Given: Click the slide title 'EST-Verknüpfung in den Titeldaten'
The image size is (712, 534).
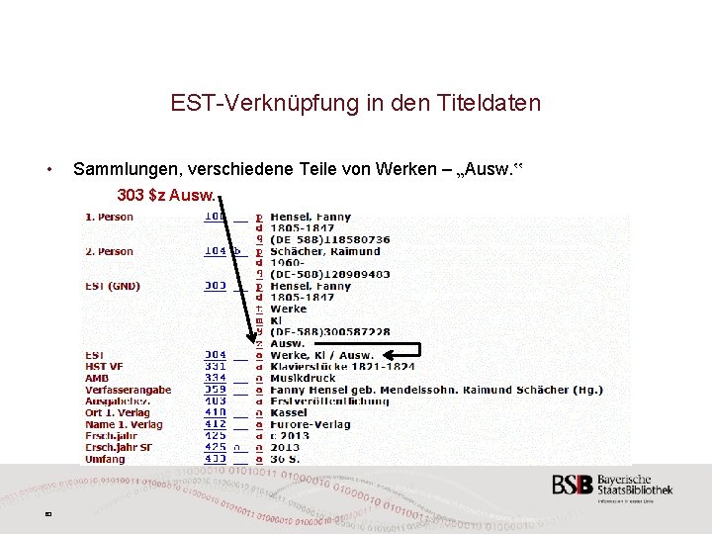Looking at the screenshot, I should (x=355, y=103).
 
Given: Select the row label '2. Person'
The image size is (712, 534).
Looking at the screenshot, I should (x=109, y=251).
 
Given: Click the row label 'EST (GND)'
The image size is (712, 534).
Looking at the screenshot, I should (x=113, y=286).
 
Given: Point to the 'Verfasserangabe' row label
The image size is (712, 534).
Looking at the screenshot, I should (x=128, y=390).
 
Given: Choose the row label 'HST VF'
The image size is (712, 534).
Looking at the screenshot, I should (x=104, y=366).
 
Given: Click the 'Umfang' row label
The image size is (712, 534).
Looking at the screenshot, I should (x=105, y=459).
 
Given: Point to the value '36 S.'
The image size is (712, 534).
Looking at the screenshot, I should (x=286, y=459).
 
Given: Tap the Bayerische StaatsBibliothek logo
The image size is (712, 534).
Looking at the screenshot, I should (x=612, y=488).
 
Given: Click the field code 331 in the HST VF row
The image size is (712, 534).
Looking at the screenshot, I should (x=215, y=366).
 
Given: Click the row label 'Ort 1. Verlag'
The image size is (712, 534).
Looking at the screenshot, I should (x=118, y=412).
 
